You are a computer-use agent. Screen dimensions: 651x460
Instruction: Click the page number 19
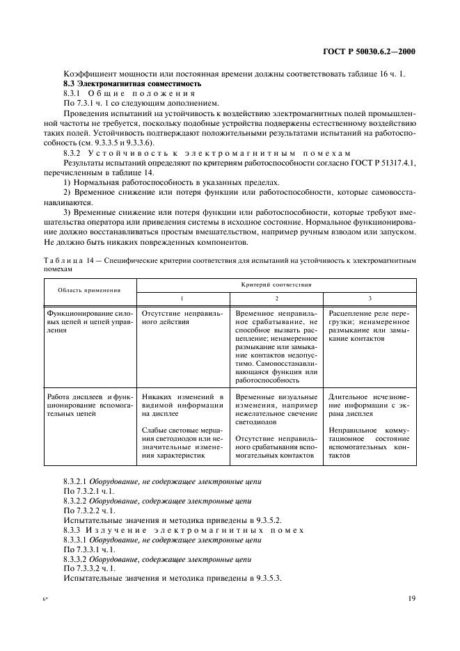pyautogui.click(x=411, y=597)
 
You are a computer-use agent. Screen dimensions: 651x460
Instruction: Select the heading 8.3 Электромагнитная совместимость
pyautogui.click(x=132, y=83)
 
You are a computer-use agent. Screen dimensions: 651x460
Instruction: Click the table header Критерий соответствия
pyautogui.click(x=276, y=284)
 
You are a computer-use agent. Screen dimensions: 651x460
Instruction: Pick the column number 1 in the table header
pyautogui.click(x=182, y=298)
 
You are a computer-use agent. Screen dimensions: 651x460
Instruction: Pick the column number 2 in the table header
pyautogui.click(x=276, y=298)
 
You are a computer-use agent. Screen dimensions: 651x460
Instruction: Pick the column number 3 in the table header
pyautogui.click(x=370, y=298)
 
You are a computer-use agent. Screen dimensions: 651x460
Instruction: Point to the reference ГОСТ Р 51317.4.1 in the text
pyautogui.click(x=381, y=162)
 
